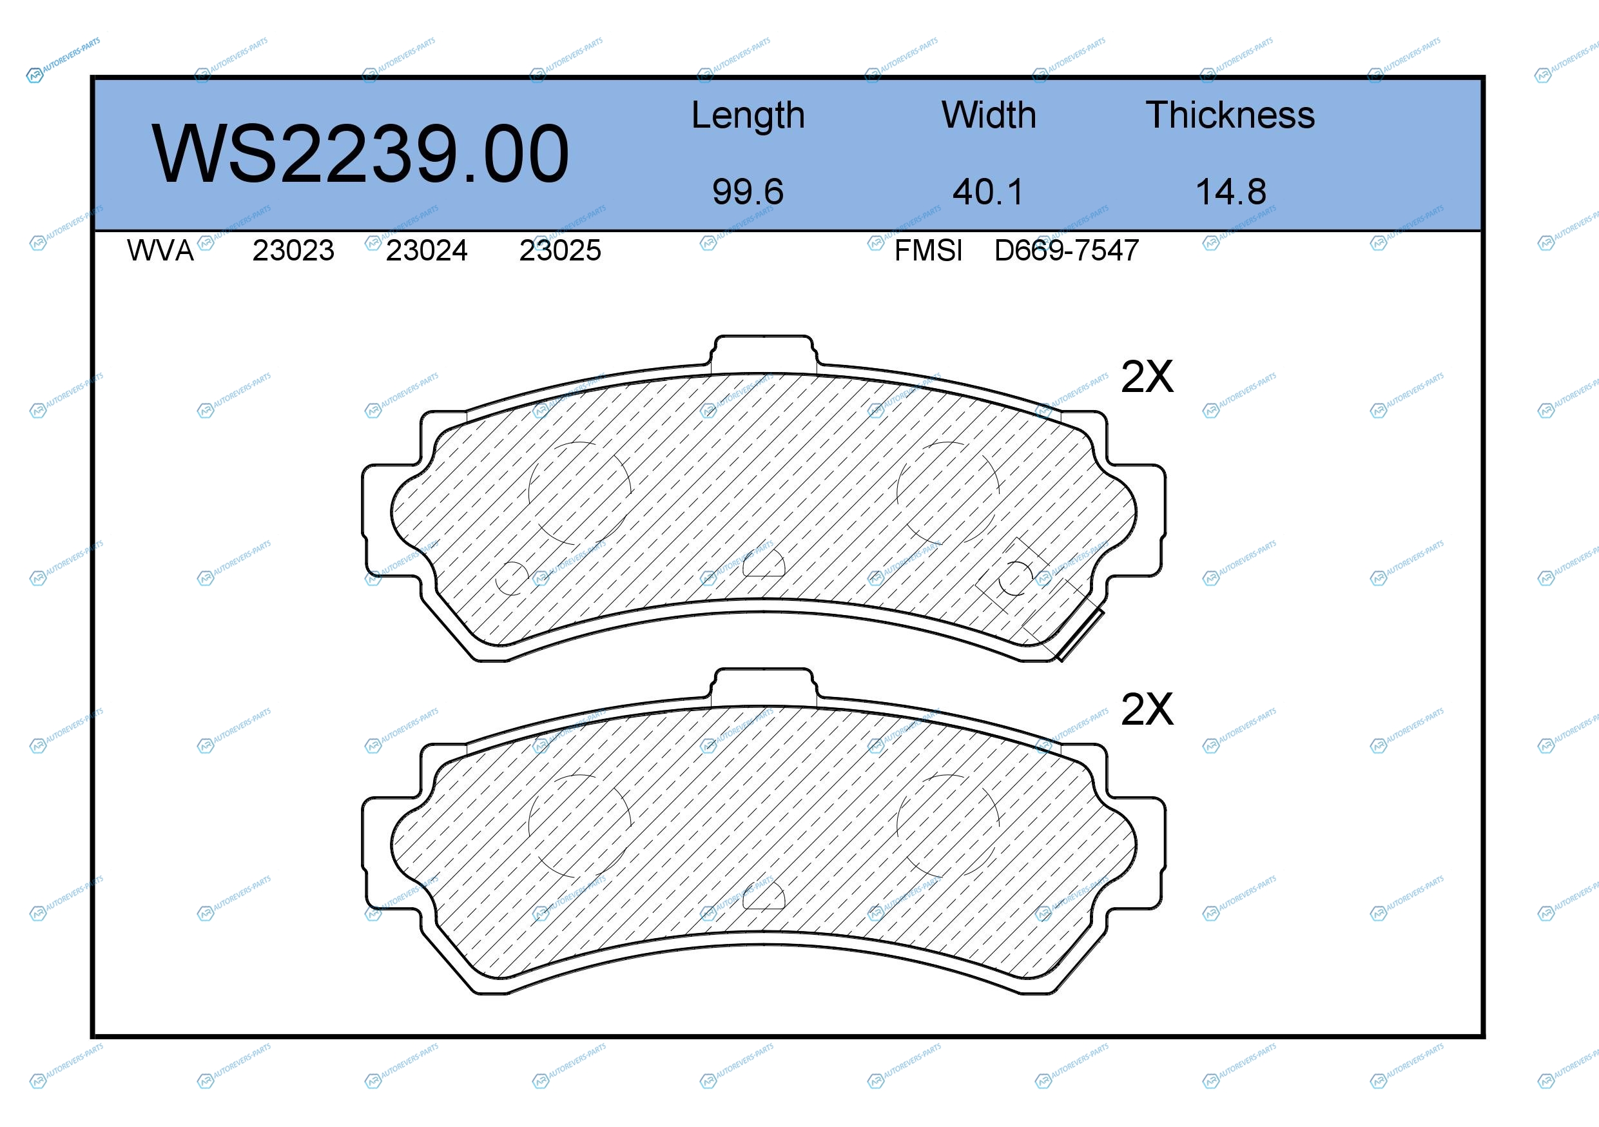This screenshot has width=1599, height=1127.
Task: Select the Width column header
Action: pos(988,115)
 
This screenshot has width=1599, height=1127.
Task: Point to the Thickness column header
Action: pos(1230,115)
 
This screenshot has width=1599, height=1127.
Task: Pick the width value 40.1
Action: pos(988,191)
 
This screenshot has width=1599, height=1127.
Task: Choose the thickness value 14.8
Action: pos(1230,191)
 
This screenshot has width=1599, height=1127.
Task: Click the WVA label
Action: pos(160,250)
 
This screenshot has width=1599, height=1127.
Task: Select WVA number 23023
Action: pos(293,250)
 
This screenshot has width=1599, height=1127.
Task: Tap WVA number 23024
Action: pos(426,250)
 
